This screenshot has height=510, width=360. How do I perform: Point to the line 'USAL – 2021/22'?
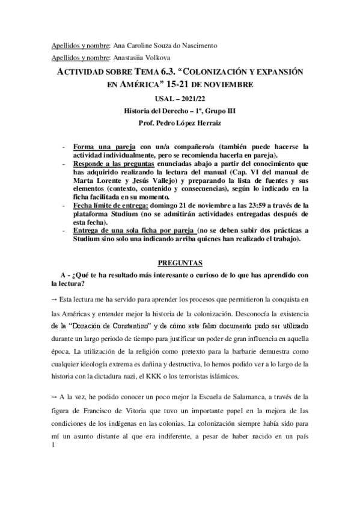(180, 99)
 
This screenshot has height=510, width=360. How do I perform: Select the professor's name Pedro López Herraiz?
(186, 124)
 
